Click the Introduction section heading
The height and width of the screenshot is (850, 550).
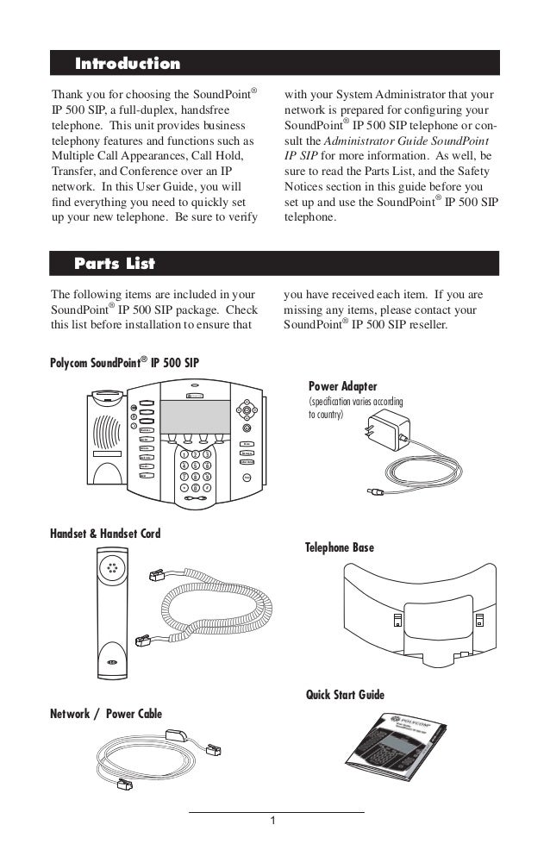pyautogui.click(x=128, y=64)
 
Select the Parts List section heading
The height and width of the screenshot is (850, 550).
pyautogui.click(x=115, y=261)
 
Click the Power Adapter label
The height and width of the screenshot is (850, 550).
pyautogui.click(x=342, y=385)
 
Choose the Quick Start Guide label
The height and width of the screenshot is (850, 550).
pyautogui.click(x=345, y=695)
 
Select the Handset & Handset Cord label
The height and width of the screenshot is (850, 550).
pyautogui.click(x=106, y=534)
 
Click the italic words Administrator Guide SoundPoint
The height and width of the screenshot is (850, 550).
pyautogui.click(x=403, y=141)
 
